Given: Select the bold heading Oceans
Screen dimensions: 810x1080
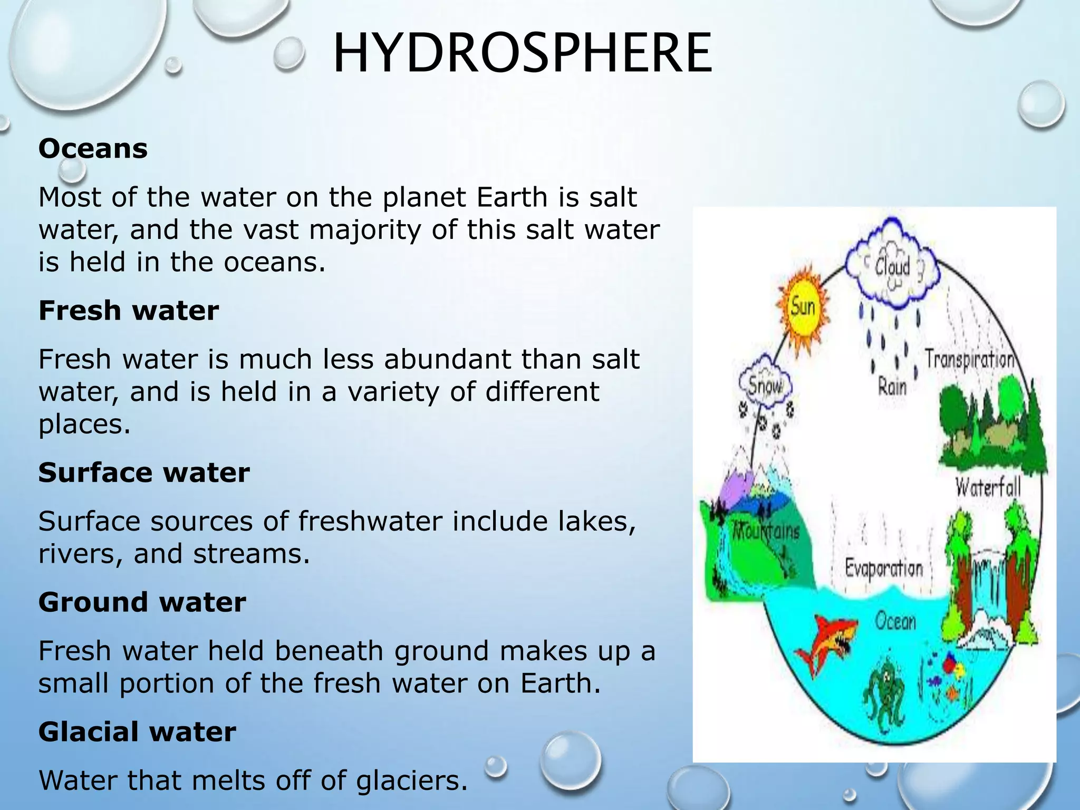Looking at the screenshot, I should pos(93,149).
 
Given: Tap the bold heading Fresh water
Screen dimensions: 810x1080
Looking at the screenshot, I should pos(128,311).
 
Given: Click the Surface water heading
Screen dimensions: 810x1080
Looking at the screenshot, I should pos(143,472).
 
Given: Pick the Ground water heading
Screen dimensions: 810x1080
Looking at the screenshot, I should pos(142,602).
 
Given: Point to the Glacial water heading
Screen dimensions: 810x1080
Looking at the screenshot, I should pos(137,732).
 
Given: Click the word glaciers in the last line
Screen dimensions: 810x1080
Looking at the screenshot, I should pos(411,781).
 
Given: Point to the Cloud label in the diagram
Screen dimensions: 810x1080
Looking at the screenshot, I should pos(893,267).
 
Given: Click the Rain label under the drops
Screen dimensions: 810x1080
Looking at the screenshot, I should pos(892,388).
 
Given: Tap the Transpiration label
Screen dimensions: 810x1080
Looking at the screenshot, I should pos(969,360).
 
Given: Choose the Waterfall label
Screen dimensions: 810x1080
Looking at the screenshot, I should pos(988,486).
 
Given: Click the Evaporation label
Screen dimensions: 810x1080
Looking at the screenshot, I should pos(884,569).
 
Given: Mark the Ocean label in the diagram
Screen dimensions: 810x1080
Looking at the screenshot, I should pos(895,622).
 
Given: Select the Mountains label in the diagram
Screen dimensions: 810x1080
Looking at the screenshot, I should pos(767,530).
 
